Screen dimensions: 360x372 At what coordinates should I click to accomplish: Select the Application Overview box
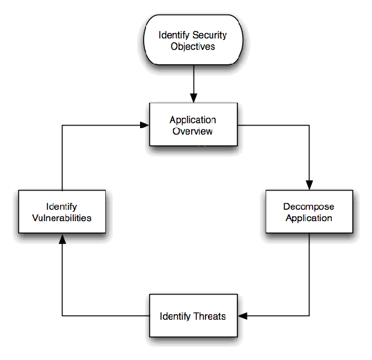click(x=192, y=125)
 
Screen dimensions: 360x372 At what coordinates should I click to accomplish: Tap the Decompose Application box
click(x=309, y=212)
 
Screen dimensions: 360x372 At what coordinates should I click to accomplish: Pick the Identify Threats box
click(x=192, y=316)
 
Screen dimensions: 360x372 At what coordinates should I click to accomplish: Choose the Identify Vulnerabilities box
click(x=62, y=212)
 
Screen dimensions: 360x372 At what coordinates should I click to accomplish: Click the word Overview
click(x=192, y=131)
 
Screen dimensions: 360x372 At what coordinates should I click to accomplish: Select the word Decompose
click(x=309, y=207)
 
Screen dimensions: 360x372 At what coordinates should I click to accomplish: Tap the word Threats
click(x=210, y=316)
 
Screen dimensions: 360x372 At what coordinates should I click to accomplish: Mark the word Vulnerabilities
click(x=62, y=218)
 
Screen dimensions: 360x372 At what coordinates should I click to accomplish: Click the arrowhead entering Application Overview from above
click(x=193, y=98)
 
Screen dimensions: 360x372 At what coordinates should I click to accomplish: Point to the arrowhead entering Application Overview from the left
click(x=144, y=125)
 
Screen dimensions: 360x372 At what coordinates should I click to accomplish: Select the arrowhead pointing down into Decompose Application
click(x=309, y=185)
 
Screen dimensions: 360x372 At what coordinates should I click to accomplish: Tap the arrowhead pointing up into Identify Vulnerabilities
click(x=62, y=238)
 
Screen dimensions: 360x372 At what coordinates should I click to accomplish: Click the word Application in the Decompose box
click(x=309, y=218)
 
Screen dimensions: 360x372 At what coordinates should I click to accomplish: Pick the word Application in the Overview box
click(x=192, y=120)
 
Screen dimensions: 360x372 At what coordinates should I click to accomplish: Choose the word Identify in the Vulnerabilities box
click(x=62, y=206)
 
